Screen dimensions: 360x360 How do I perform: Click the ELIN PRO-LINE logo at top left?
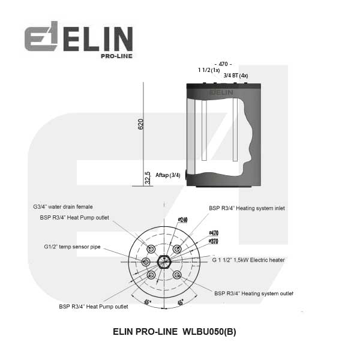tap(79, 40)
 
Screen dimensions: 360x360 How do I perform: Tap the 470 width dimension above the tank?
tap(223, 64)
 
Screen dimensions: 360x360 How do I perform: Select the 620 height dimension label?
tap(141, 124)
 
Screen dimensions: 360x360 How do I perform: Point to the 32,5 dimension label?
tap(148, 178)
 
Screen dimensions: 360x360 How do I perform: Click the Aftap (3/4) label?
tap(168, 175)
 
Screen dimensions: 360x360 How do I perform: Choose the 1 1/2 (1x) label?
tap(209, 70)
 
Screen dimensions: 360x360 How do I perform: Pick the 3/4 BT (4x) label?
tap(236, 76)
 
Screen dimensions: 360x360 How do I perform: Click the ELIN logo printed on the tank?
tap(221, 92)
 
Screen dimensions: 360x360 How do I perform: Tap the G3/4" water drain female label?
tap(63, 207)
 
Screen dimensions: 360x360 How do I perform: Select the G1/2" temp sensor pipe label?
tap(73, 247)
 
